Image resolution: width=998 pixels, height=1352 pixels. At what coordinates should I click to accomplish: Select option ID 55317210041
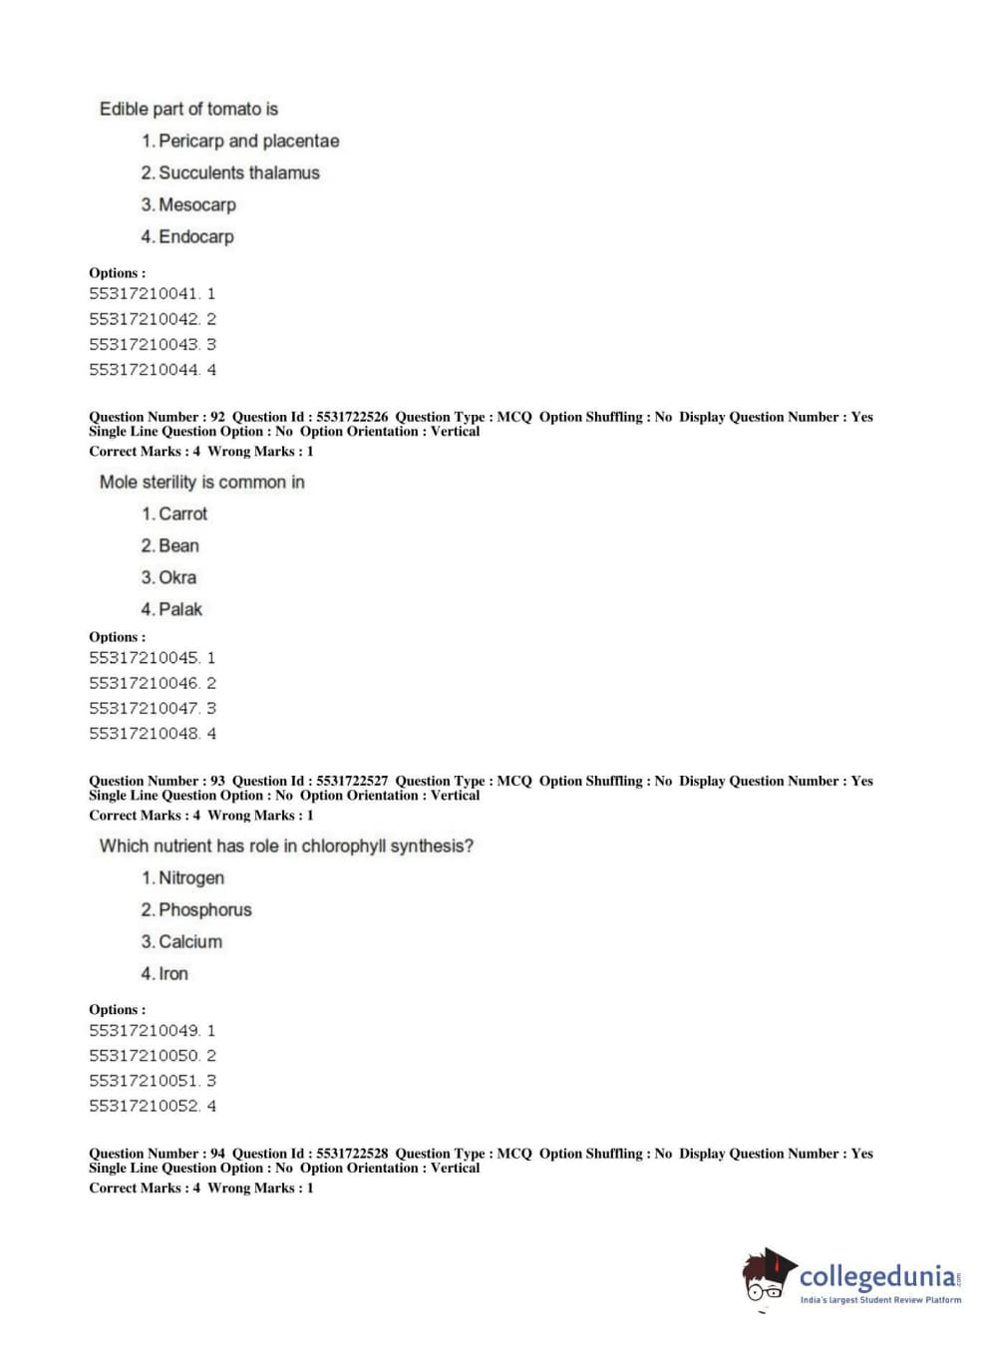[x=144, y=294]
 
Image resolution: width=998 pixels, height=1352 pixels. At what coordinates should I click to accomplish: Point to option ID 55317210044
[x=144, y=370]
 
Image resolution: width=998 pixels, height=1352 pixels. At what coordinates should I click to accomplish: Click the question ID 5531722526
[x=352, y=417]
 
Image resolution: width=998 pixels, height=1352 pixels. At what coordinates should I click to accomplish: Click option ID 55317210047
[x=144, y=709]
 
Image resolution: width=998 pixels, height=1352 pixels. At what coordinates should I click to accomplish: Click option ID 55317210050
[x=144, y=1056]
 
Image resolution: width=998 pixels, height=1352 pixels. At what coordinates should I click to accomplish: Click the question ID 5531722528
[x=352, y=1154]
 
